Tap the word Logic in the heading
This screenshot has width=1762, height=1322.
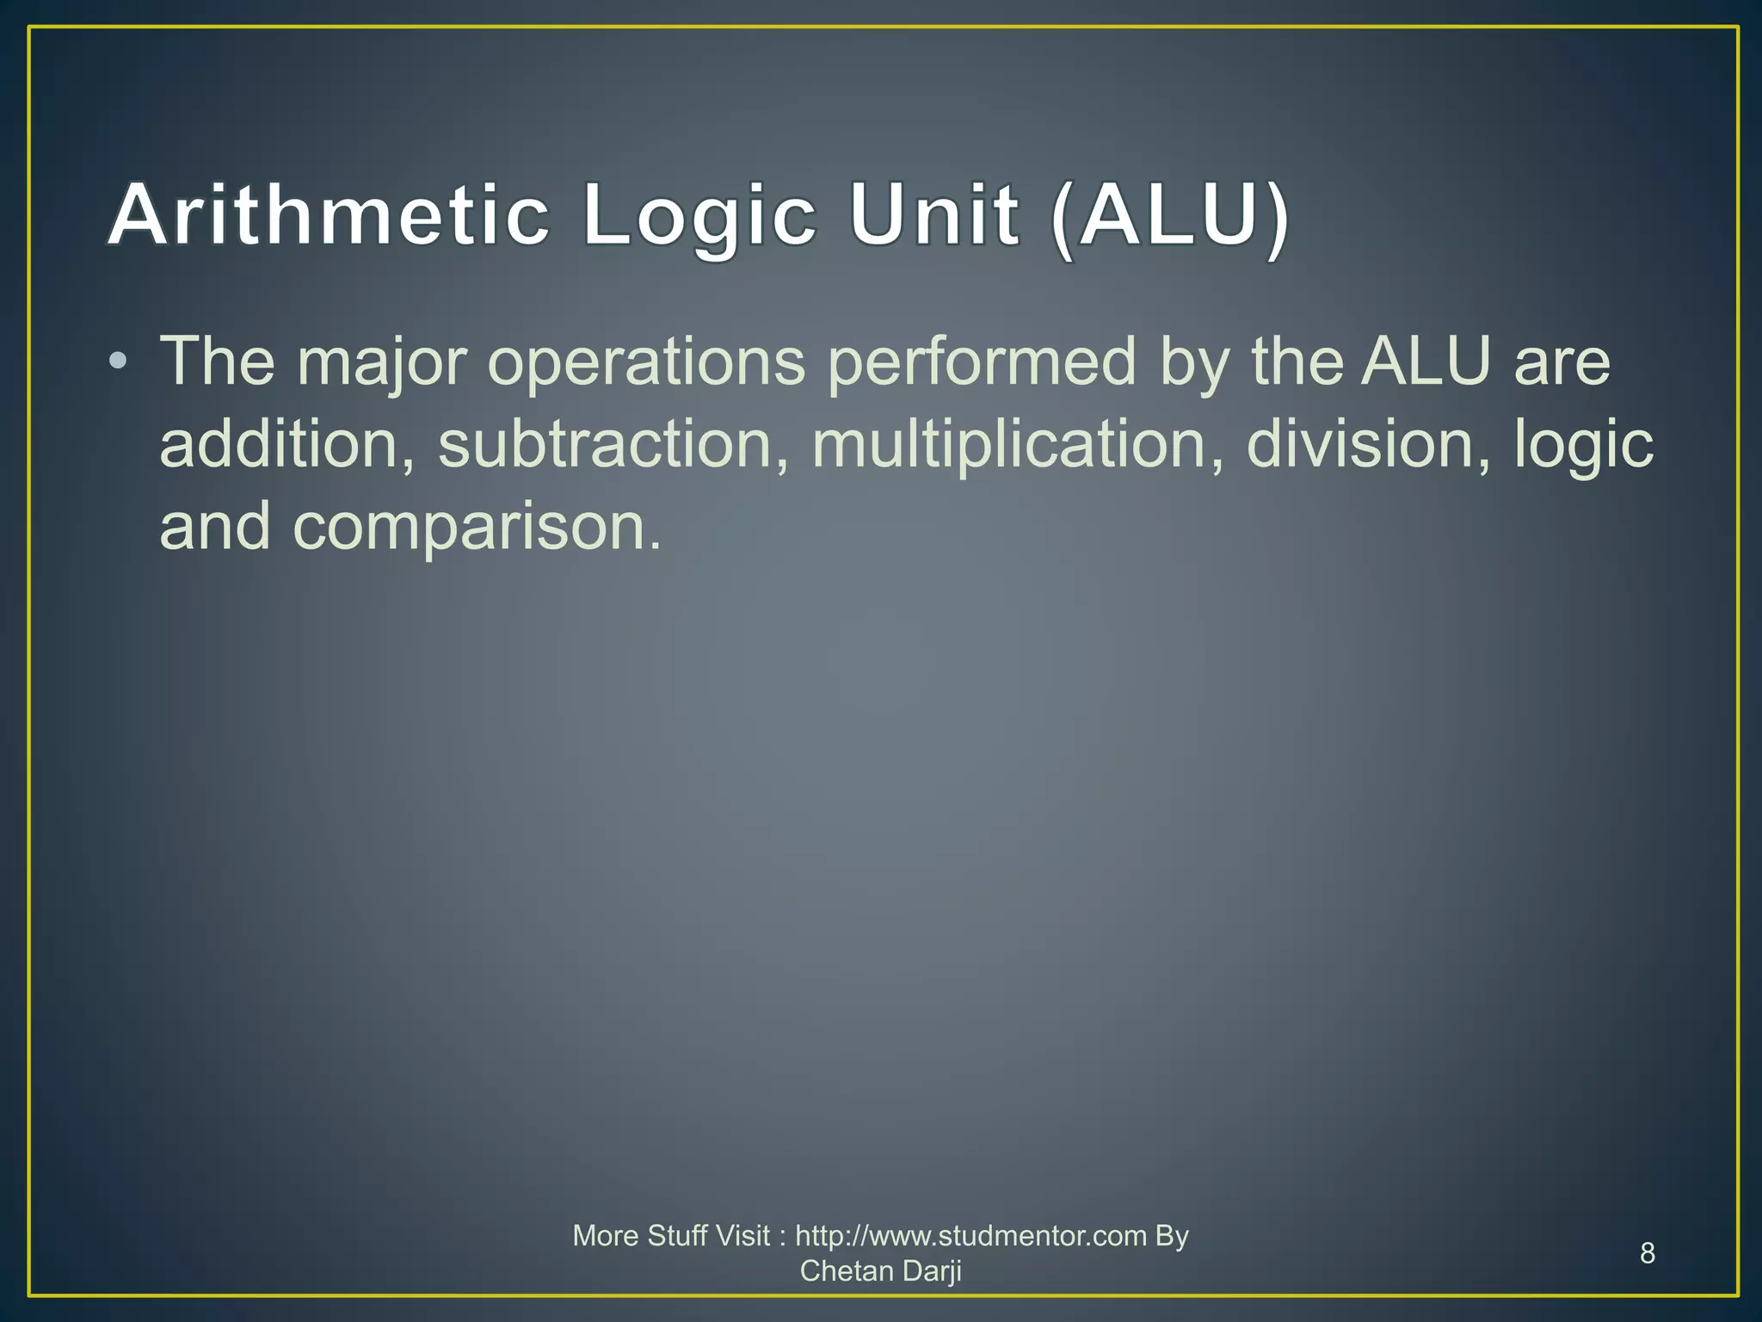(x=698, y=217)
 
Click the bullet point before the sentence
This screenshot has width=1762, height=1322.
(x=119, y=361)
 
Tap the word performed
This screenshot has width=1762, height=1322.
(x=982, y=363)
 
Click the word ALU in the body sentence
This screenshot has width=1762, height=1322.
(x=1426, y=361)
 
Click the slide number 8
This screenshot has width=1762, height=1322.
(x=1648, y=1253)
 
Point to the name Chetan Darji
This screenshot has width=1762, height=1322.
(x=880, y=1270)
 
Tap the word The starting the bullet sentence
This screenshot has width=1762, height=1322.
(x=217, y=361)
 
